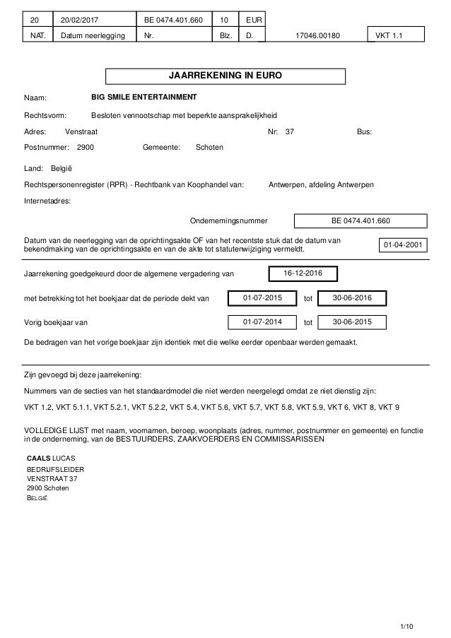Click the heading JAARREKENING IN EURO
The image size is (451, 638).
(225, 76)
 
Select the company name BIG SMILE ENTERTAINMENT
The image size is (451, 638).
(144, 96)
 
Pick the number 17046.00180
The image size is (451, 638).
(315, 35)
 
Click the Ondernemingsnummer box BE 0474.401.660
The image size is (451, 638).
(361, 220)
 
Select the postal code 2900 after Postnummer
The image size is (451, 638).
(86, 147)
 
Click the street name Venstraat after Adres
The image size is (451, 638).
(81, 131)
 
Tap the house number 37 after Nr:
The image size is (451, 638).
(289, 131)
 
